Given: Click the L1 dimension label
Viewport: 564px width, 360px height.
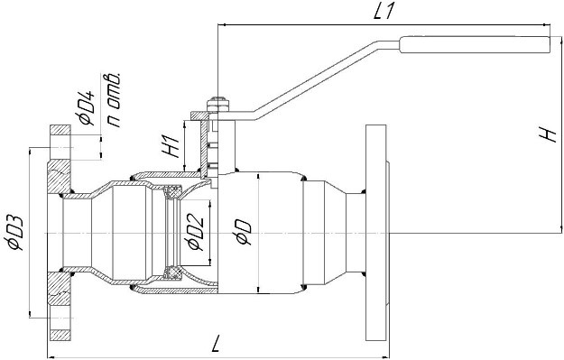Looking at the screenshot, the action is (384, 12).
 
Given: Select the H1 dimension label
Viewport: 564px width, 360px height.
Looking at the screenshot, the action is (171, 146).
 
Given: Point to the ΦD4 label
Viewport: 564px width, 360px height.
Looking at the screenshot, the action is (86, 107).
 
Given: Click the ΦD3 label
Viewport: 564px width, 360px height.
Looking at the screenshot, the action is (15, 233).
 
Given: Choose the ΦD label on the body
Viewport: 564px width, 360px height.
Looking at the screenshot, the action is (244, 232).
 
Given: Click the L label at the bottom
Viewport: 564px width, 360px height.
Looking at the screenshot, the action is (216, 344).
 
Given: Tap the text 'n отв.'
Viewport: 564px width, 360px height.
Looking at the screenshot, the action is (114, 100).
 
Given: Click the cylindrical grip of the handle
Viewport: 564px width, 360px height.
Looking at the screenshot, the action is (475, 45).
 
